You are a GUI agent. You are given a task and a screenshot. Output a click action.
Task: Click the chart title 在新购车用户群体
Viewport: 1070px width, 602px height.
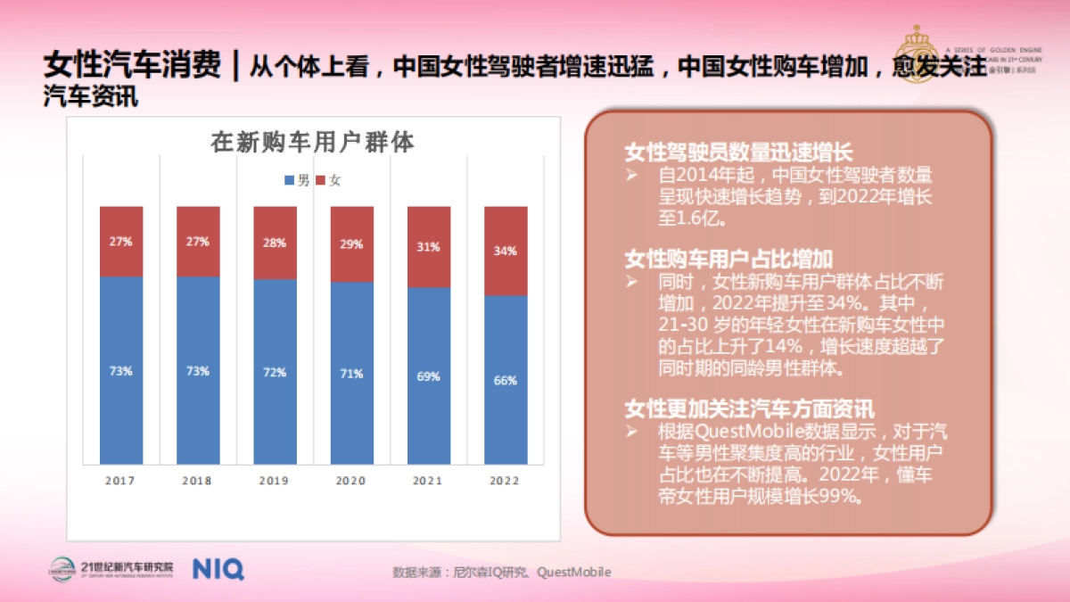click(312, 143)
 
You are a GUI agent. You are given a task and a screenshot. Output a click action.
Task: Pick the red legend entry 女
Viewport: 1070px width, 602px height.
click(328, 180)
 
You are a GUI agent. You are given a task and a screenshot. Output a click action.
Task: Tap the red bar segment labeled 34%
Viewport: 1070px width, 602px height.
click(506, 251)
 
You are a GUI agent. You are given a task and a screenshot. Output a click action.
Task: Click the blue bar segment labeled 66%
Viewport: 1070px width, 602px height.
click(506, 380)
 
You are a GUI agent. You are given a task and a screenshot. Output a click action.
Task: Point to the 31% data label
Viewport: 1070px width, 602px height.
click(429, 247)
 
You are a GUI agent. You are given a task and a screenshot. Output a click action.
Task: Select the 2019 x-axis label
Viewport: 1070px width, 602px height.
click(274, 481)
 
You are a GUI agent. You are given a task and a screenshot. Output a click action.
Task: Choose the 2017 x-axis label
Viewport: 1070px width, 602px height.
click(120, 481)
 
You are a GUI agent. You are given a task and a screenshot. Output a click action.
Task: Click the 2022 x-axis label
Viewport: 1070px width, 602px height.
click(505, 481)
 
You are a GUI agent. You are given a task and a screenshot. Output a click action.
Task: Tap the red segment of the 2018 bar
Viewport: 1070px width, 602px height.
click(198, 242)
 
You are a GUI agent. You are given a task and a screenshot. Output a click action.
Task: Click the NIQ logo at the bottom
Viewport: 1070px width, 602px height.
click(218, 569)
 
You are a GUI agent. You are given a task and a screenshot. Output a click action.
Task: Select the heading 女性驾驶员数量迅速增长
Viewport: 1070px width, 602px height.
click(738, 152)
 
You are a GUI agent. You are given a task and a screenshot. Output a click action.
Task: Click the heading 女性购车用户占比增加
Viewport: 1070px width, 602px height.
click(728, 259)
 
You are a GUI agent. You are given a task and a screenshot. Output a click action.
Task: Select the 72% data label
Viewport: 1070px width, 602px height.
click(274, 372)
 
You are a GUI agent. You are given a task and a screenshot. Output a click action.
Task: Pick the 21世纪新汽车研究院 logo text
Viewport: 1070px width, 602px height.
click(127, 566)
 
